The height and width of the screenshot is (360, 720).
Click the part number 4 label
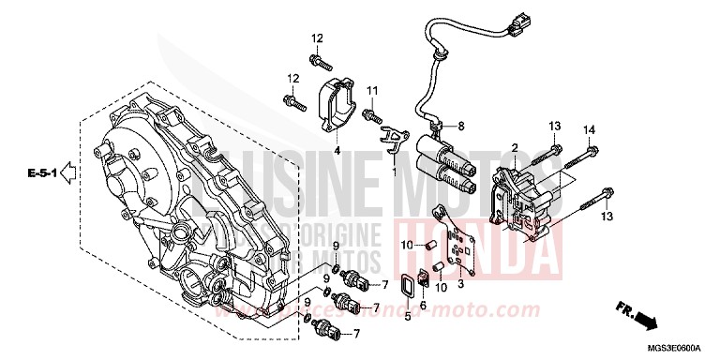tap(337, 150)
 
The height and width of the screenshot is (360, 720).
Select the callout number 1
tap(395, 172)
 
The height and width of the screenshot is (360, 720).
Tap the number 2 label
tap(515, 148)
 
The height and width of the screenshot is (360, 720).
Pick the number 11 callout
tap(372, 89)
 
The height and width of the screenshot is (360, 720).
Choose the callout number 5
tap(408, 317)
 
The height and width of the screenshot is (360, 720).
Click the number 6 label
tap(423, 306)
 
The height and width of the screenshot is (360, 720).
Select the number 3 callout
tap(460, 282)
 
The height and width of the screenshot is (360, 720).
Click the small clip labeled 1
tap(397, 144)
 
